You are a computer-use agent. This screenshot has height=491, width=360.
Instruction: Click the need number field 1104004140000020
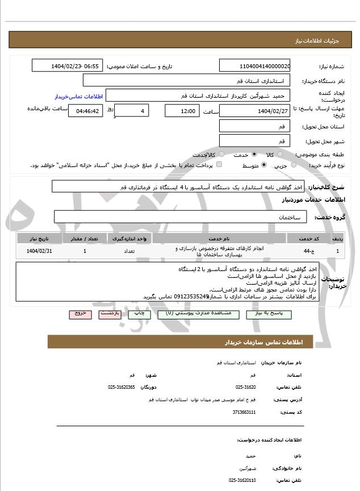tap(255, 66)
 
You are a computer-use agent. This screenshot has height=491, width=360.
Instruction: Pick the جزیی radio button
tap(293, 165)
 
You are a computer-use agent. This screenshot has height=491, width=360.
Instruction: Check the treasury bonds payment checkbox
tap(219, 165)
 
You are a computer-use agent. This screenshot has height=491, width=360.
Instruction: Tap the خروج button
tap(80, 314)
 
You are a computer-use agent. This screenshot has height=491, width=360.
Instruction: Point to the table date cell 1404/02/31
tap(40, 251)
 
